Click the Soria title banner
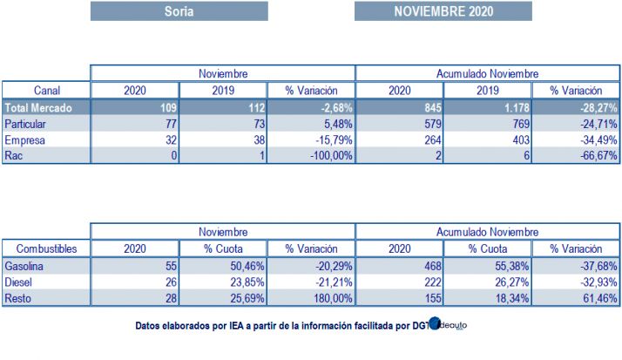(x=179, y=11)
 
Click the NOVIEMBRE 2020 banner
(x=443, y=11)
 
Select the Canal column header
(x=46, y=91)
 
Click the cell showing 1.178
(x=488, y=107)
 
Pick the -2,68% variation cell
(x=311, y=107)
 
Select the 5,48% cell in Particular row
(x=311, y=124)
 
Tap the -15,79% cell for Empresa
(x=311, y=139)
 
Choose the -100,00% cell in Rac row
(x=311, y=155)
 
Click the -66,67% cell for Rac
(x=576, y=155)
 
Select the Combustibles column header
(x=46, y=248)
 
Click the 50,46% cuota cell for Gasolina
(x=223, y=265)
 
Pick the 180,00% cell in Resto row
(x=311, y=298)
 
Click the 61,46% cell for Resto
(x=576, y=298)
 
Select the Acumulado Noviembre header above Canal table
(x=488, y=73)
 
